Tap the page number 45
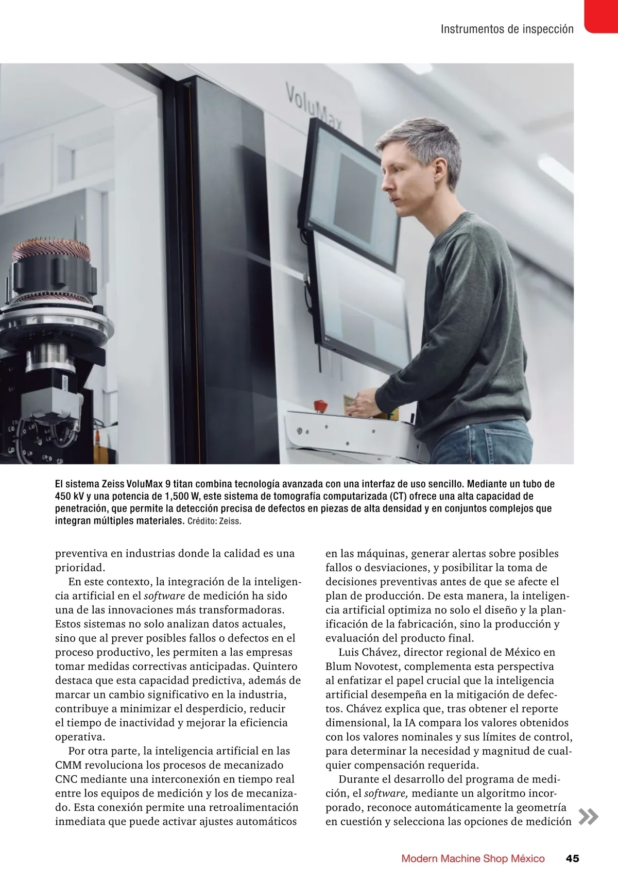tap(572, 858)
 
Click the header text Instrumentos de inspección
tap(507, 29)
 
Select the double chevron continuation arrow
tap(588, 817)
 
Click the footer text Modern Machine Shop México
tap(473, 858)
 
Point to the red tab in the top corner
tap(602, 15)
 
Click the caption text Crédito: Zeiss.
tap(214, 521)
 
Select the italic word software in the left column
tap(164, 596)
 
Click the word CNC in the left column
tap(66, 779)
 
